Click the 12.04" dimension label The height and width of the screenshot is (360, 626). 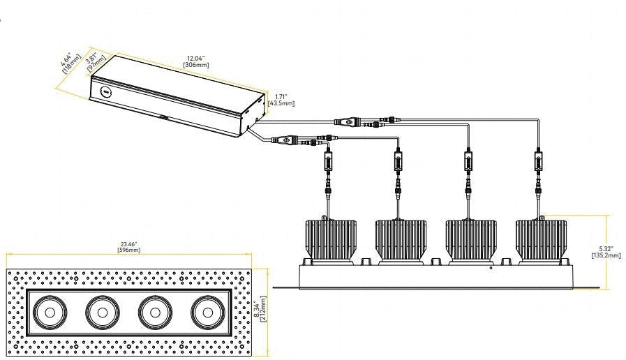[x=195, y=59]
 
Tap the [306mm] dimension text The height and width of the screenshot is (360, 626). [x=196, y=65]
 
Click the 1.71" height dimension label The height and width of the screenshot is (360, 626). [x=281, y=96]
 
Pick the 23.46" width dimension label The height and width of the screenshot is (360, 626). [x=129, y=244]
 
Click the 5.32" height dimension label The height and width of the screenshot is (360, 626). [x=606, y=248]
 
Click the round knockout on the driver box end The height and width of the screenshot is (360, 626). [x=106, y=91]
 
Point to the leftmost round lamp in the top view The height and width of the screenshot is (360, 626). [x=50, y=313]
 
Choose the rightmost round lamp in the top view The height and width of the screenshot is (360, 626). [x=207, y=313]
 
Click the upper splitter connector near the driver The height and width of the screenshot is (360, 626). [x=350, y=121]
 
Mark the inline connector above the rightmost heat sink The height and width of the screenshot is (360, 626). [x=539, y=162]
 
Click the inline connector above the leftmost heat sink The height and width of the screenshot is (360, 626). [x=329, y=162]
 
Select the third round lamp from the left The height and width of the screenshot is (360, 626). [x=155, y=313]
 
